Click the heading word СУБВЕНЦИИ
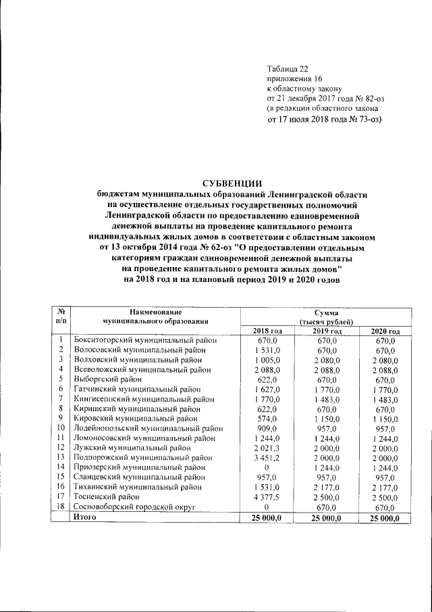tap(233, 183)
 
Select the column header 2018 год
tap(267, 331)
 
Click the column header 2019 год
tap(326, 331)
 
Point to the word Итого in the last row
tap(86, 517)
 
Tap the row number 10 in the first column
tap(61, 428)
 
